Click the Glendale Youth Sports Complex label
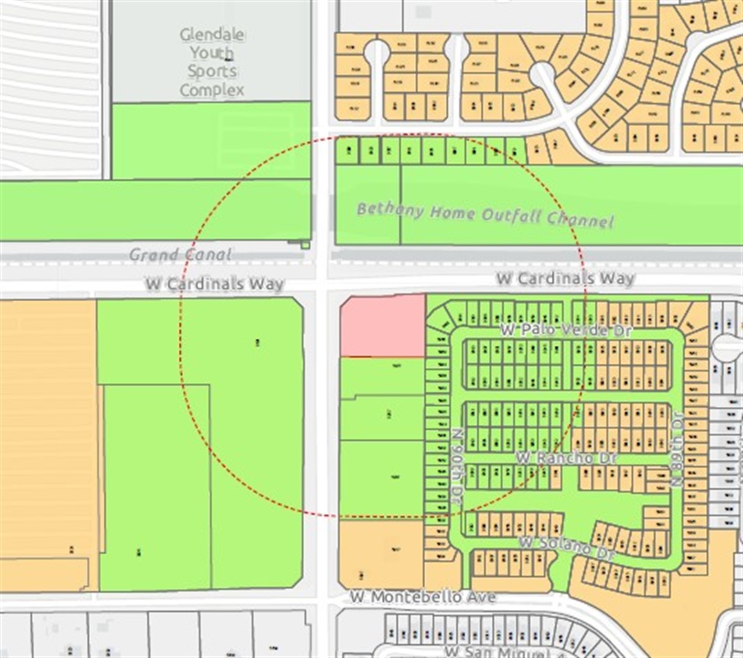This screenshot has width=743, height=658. pyautogui.click(x=212, y=62)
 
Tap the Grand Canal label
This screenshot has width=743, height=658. pyautogui.click(x=180, y=255)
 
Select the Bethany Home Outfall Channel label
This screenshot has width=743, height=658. pyautogui.click(x=484, y=215)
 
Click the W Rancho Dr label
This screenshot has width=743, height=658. pyautogui.click(x=566, y=457)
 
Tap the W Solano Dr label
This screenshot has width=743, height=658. pyautogui.click(x=566, y=547)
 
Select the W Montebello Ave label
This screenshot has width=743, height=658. pyautogui.click(x=422, y=597)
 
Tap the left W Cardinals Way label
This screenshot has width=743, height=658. pyautogui.click(x=215, y=283)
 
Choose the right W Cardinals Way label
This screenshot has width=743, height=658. pyautogui.click(x=565, y=278)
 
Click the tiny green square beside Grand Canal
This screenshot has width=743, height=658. pyautogui.click(x=305, y=244)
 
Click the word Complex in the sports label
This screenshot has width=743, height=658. pyautogui.click(x=212, y=90)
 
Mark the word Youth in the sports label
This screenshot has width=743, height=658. pyautogui.click(x=212, y=53)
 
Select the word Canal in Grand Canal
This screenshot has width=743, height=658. pyautogui.click(x=207, y=255)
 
